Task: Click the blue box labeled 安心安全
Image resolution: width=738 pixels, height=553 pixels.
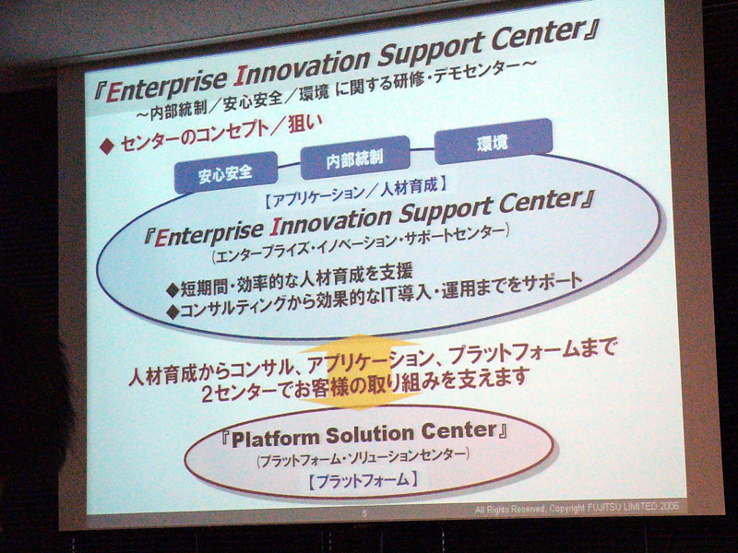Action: (x=225, y=172)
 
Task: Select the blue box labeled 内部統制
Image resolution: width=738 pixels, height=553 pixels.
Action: (x=355, y=157)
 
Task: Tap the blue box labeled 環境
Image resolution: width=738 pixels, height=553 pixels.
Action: (x=493, y=141)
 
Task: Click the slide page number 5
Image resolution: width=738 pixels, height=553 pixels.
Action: (x=364, y=513)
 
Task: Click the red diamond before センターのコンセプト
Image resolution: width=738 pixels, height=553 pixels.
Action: (x=107, y=147)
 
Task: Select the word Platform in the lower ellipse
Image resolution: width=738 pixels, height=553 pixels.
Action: (x=275, y=438)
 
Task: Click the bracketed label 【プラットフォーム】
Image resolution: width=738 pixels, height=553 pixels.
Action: (x=363, y=480)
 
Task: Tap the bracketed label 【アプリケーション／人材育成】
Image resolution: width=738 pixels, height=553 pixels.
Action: (x=355, y=192)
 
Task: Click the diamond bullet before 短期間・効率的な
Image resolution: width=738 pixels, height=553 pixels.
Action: (x=173, y=289)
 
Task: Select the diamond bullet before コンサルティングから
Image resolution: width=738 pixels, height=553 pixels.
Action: (x=173, y=312)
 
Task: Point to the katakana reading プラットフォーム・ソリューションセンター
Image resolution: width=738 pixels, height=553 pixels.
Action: (x=363, y=456)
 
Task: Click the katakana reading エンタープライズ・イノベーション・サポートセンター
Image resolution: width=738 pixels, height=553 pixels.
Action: (x=360, y=243)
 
